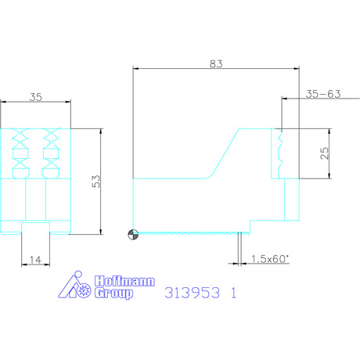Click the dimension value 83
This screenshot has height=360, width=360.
(216, 63)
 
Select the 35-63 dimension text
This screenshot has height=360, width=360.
(323, 94)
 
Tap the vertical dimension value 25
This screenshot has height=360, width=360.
(324, 153)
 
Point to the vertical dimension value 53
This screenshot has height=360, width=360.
(96, 182)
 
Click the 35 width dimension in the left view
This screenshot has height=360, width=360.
(36, 97)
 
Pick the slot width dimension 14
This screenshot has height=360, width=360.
(35, 260)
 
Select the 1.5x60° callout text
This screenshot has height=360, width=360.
(270, 259)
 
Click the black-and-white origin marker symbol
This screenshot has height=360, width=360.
(133, 234)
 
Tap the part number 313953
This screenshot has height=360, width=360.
(193, 293)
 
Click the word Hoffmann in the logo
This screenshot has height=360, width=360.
(124, 281)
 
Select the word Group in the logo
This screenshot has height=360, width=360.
(113, 293)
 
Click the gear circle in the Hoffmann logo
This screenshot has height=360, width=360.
(84, 290)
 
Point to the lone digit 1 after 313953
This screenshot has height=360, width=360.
(233, 293)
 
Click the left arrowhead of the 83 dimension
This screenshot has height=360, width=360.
(136, 69)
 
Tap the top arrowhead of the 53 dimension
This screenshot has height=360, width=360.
(101, 131)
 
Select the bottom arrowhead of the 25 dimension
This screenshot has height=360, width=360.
(329, 175)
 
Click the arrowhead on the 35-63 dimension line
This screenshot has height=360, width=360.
(285, 99)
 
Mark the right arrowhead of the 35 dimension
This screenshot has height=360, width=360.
(68, 102)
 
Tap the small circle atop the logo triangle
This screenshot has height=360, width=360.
(77, 275)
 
